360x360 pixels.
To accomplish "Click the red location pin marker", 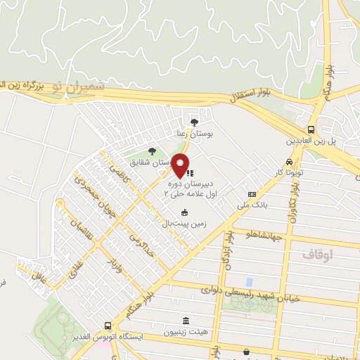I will [181, 165].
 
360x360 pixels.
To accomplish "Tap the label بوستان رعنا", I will [193, 133].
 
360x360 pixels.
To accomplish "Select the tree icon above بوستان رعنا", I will [194, 122].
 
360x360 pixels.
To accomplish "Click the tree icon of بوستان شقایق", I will [153, 150].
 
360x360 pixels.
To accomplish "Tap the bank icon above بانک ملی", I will [252, 194].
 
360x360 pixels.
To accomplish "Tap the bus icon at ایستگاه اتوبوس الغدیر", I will [107, 326].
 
